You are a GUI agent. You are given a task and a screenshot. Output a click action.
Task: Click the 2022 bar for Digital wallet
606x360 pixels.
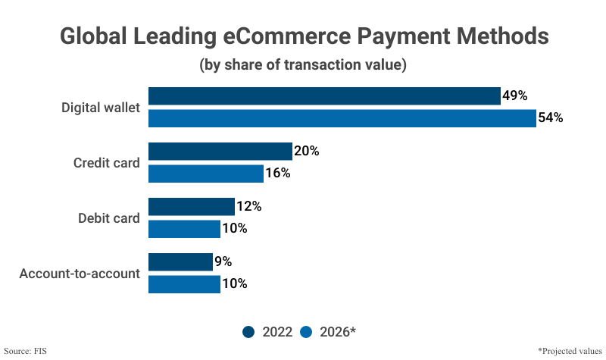point(324,95)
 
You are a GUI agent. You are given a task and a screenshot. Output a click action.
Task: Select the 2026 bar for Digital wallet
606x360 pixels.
point(342,118)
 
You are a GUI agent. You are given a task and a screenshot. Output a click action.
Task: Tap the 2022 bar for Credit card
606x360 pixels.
point(220,151)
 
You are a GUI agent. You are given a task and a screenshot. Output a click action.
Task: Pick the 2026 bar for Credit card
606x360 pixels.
point(205,174)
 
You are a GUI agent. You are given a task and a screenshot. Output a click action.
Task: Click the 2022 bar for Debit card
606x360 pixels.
point(191,206)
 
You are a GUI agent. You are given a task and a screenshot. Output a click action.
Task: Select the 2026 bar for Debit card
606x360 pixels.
point(184,229)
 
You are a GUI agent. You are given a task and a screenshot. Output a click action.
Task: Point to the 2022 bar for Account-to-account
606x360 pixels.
point(180,262)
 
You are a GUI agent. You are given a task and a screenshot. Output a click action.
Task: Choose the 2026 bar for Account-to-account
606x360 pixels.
point(184,284)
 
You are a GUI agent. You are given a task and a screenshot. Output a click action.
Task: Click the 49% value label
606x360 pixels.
point(514,95)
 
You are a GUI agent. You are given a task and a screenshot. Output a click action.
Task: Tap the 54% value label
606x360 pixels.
point(551,118)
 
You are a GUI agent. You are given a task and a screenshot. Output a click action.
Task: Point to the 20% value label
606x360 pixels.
point(307,151)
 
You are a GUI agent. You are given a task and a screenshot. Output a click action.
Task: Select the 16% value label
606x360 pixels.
point(278,174)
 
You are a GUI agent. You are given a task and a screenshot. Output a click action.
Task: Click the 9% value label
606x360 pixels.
point(223,262)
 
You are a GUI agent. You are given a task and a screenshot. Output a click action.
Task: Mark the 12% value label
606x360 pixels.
point(249,206)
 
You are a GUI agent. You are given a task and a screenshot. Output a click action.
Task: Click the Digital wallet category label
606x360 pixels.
point(101,108)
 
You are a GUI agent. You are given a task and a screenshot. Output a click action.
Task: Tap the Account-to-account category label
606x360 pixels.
point(80,274)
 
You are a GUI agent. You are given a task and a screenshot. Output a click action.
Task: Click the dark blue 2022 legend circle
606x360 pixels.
point(248,331)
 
